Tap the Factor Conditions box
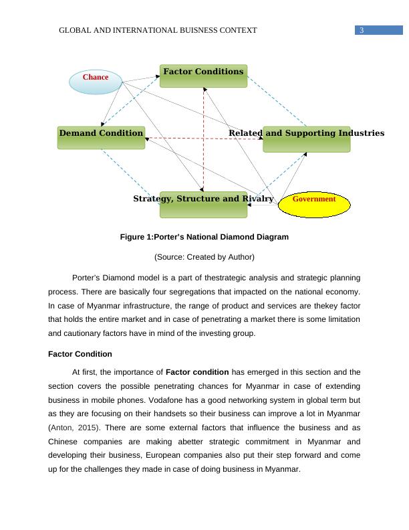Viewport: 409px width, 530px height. click(x=203, y=76)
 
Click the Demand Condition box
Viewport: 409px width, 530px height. click(x=101, y=137)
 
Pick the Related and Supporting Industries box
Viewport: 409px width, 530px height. click(x=306, y=139)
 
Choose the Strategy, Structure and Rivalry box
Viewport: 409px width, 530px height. click(x=203, y=204)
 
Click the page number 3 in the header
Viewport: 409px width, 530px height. click(x=361, y=31)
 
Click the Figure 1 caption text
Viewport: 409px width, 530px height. click(x=204, y=237)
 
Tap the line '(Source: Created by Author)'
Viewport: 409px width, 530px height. click(x=204, y=257)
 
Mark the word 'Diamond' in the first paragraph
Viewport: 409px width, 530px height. click(x=116, y=277)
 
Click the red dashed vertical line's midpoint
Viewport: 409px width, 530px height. click(x=203, y=138)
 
